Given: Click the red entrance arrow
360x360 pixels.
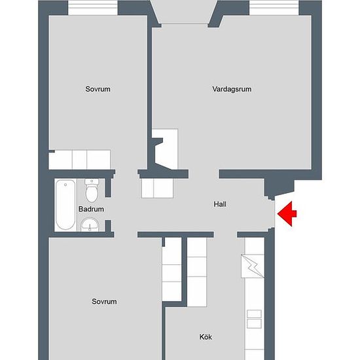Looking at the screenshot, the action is (x=287, y=214).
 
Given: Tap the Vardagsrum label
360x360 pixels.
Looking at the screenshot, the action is (x=232, y=89).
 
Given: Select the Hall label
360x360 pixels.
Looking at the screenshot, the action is (x=220, y=204).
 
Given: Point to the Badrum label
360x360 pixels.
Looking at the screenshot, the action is (x=91, y=209).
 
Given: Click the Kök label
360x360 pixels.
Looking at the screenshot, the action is (x=206, y=337).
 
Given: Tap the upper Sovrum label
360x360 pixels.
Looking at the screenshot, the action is (x=98, y=89).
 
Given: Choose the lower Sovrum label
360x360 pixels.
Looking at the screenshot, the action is (x=104, y=301).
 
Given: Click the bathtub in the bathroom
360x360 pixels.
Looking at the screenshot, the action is (x=65, y=205).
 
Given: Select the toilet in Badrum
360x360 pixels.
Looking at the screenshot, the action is (x=92, y=191).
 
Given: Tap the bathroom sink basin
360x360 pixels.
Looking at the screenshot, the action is (x=90, y=225).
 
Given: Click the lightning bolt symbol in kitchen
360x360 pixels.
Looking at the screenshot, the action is (x=253, y=266).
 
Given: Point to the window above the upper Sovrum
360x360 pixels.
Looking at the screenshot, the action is (x=93, y=8).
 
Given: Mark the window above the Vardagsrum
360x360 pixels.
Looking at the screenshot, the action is (x=274, y=8).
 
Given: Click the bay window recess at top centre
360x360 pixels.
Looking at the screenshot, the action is (x=185, y=12).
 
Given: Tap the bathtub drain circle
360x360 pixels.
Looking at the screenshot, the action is (x=65, y=185).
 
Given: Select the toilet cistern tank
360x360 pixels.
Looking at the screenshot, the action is (x=92, y=182).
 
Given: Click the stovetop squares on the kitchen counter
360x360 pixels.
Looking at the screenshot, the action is (x=254, y=319).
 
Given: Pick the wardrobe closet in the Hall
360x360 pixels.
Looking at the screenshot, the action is (x=157, y=189).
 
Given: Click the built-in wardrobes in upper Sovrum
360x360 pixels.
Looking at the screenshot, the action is (x=80, y=160).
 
